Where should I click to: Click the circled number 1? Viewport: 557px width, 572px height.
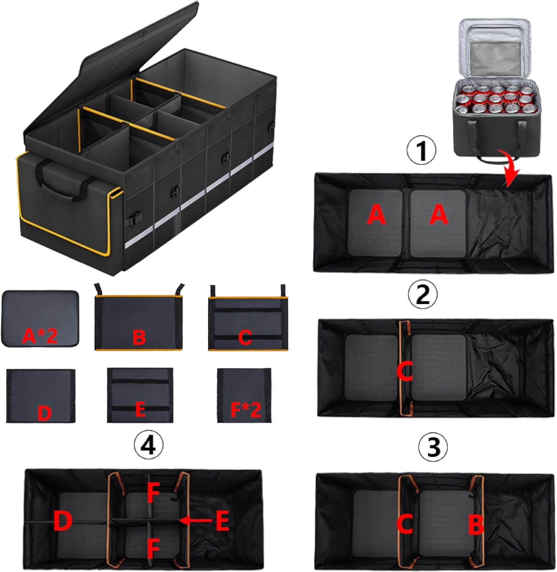(x=421, y=150)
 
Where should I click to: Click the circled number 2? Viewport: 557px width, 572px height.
(x=422, y=294)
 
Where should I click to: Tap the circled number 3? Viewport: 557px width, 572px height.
(x=433, y=447)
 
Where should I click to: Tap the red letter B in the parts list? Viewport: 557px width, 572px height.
(x=139, y=337)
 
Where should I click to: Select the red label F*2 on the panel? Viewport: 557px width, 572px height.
(x=245, y=410)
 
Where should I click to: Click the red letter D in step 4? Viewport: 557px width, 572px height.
(x=63, y=521)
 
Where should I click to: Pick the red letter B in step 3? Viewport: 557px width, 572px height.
(x=476, y=524)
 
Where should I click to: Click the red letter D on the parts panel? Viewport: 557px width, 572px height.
(x=44, y=413)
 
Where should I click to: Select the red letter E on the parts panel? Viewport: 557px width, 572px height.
(x=140, y=410)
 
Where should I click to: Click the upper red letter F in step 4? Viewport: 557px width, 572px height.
(x=153, y=493)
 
